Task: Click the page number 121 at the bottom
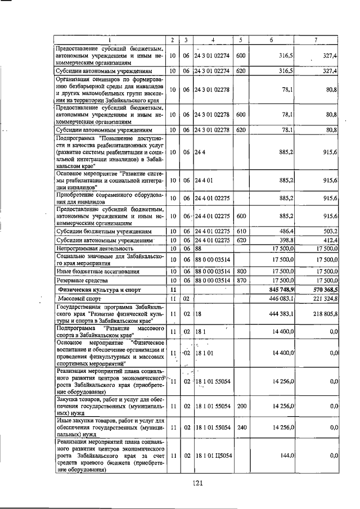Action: (x=196, y=482)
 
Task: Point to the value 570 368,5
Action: (x=323, y=289)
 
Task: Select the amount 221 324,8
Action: (x=323, y=298)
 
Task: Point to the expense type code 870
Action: (x=241, y=280)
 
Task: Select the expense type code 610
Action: (x=241, y=231)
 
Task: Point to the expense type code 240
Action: (x=241, y=427)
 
